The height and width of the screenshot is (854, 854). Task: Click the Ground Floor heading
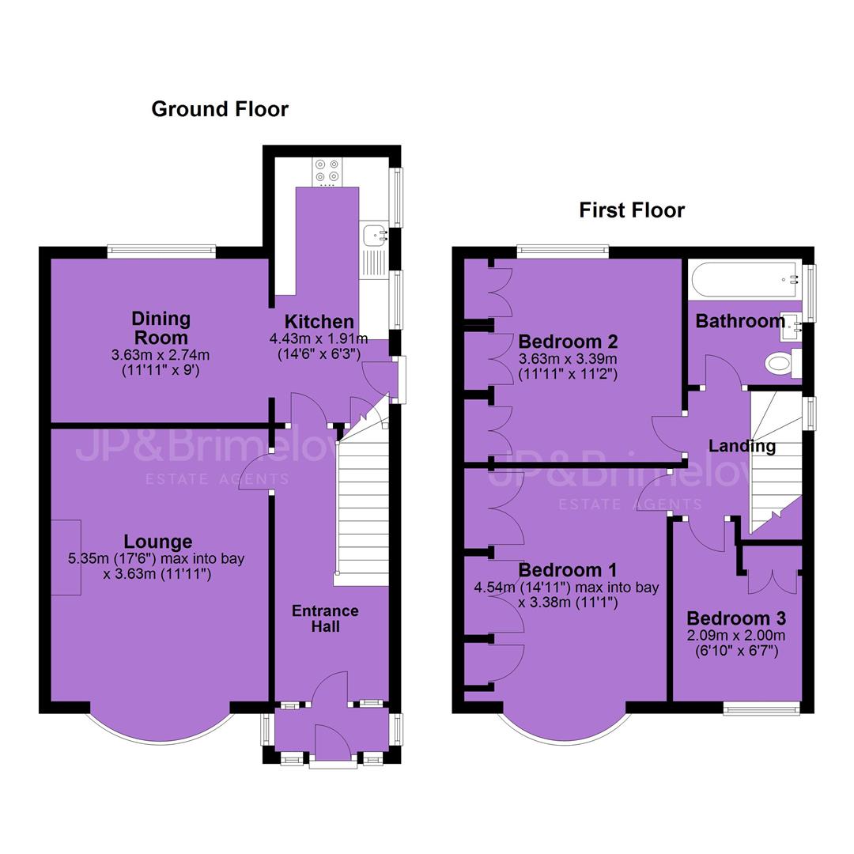point(220,109)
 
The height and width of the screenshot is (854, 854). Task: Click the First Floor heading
point(632,210)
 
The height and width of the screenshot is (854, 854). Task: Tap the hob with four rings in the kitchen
point(327,171)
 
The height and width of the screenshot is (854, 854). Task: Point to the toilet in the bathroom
point(783,363)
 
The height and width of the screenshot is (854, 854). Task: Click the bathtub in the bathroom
point(745,280)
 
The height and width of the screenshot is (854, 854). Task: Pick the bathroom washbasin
point(791,327)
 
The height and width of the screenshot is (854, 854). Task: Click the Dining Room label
point(161,328)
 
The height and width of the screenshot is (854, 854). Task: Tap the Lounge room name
point(158,542)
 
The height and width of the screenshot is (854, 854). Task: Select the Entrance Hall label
point(325,618)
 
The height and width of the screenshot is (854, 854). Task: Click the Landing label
point(742,445)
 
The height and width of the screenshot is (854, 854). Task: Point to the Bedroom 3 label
point(736,618)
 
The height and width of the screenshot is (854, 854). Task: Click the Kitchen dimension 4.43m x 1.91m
point(319,338)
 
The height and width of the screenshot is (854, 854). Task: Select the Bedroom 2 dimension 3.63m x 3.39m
point(568,359)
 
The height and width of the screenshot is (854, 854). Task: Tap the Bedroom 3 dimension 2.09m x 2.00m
point(736,635)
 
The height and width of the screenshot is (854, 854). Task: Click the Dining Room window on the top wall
point(161,251)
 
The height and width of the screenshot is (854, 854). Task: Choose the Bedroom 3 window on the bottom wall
point(761,708)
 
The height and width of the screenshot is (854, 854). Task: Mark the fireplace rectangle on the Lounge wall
point(66,557)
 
